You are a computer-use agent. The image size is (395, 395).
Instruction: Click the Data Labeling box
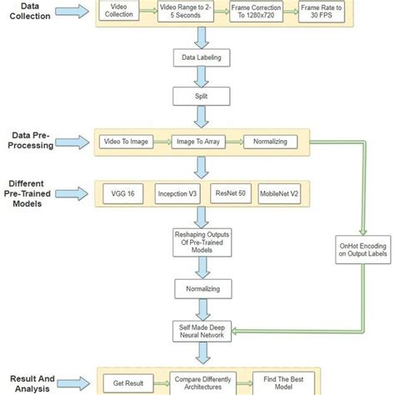198,59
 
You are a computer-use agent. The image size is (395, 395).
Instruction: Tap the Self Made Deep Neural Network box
198,329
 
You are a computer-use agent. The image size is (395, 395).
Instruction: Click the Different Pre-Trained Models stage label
32,194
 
